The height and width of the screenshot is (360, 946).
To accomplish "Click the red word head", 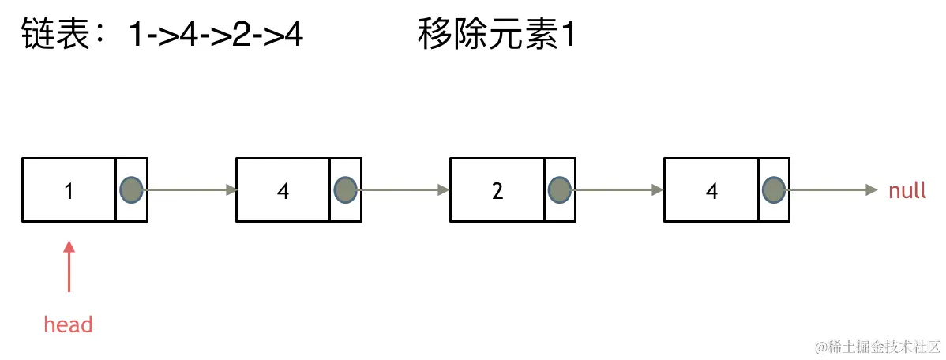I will [x=68, y=324].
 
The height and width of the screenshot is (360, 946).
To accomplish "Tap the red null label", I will [x=907, y=190].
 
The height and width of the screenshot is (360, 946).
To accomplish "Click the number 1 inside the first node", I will [x=69, y=191].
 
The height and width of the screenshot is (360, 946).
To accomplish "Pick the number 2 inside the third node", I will [x=497, y=191].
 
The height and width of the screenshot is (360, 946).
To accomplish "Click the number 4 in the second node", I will [x=283, y=191].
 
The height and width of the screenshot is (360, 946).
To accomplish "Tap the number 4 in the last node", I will [x=711, y=191].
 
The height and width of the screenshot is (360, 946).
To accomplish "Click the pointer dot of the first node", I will [x=131, y=189].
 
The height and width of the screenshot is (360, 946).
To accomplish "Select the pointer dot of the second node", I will [x=345, y=189].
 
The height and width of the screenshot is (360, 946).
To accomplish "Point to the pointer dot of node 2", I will [x=559, y=189].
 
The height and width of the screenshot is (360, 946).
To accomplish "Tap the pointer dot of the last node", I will [x=774, y=189].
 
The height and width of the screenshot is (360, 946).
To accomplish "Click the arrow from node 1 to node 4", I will [x=190, y=189].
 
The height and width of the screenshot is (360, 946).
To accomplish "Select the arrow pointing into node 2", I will [x=404, y=189].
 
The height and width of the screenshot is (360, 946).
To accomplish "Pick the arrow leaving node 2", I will [x=618, y=189].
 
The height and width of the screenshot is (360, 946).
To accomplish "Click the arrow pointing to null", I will [x=831, y=189].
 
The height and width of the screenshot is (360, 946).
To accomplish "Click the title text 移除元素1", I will [x=495, y=36].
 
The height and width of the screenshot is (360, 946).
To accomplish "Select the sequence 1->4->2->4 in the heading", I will [x=216, y=36].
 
